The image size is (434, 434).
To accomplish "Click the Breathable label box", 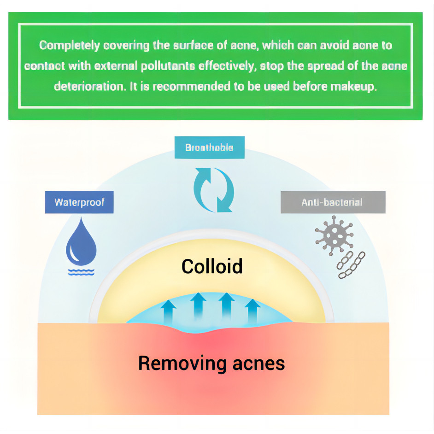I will (209, 148).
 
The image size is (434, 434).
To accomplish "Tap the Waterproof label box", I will (79, 202).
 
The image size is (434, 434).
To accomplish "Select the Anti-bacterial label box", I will (332, 202).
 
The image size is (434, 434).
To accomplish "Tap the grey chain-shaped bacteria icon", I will (351, 265).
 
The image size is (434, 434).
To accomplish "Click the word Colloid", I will (211, 266).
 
